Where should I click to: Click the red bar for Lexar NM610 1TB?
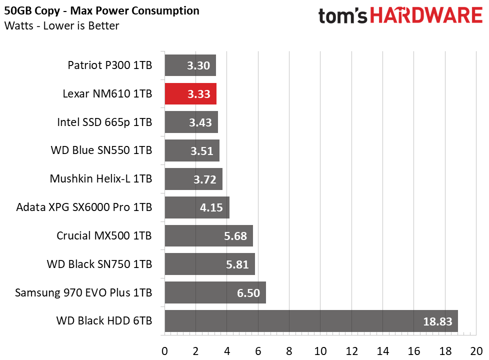click(x=190, y=93)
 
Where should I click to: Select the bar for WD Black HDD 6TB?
click(x=311, y=320)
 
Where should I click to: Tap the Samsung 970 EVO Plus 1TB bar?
click(x=215, y=292)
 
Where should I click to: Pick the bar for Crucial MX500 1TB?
click(x=208, y=235)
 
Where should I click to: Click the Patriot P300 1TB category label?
click(x=110, y=65)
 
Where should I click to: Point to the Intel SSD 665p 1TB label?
click(x=104, y=122)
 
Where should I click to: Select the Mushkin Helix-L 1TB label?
click(x=100, y=179)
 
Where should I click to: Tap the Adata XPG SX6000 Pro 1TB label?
click(x=84, y=207)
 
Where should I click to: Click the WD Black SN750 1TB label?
click(x=99, y=264)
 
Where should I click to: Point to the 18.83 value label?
click(x=437, y=321)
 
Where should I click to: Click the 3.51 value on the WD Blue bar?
click(x=202, y=151)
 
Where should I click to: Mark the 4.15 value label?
click(x=211, y=207)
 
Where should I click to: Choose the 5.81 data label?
click(x=237, y=264)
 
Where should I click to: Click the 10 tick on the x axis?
click(x=320, y=351)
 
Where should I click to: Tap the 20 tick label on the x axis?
click(x=476, y=351)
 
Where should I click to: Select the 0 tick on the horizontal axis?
click(x=164, y=351)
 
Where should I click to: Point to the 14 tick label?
click(x=382, y=351)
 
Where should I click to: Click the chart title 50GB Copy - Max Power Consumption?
click(x=101, y=11)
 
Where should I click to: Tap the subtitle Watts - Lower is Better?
click(x=61, y=25)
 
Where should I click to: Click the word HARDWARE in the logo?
click(x=426, y=15)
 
